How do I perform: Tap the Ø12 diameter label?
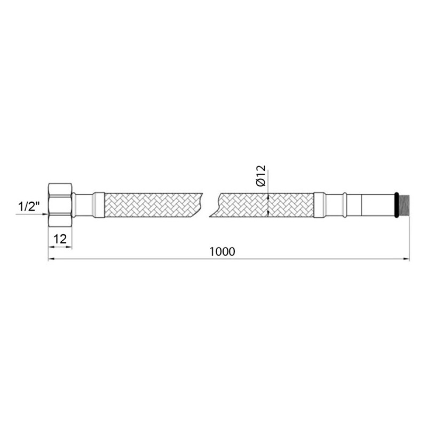pos(260,176)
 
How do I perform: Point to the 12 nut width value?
pos(60,239)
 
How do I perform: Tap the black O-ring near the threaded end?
pos(396,205)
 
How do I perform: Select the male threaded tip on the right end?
pos(404,205)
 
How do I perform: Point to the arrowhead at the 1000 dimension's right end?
pos(406,259)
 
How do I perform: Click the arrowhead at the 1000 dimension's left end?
pos(52,259)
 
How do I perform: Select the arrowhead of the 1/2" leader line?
pos(45,214)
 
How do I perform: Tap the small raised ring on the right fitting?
pos(344,205)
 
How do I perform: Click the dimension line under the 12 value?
pos(60,247)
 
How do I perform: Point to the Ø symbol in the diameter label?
pos(260,183)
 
